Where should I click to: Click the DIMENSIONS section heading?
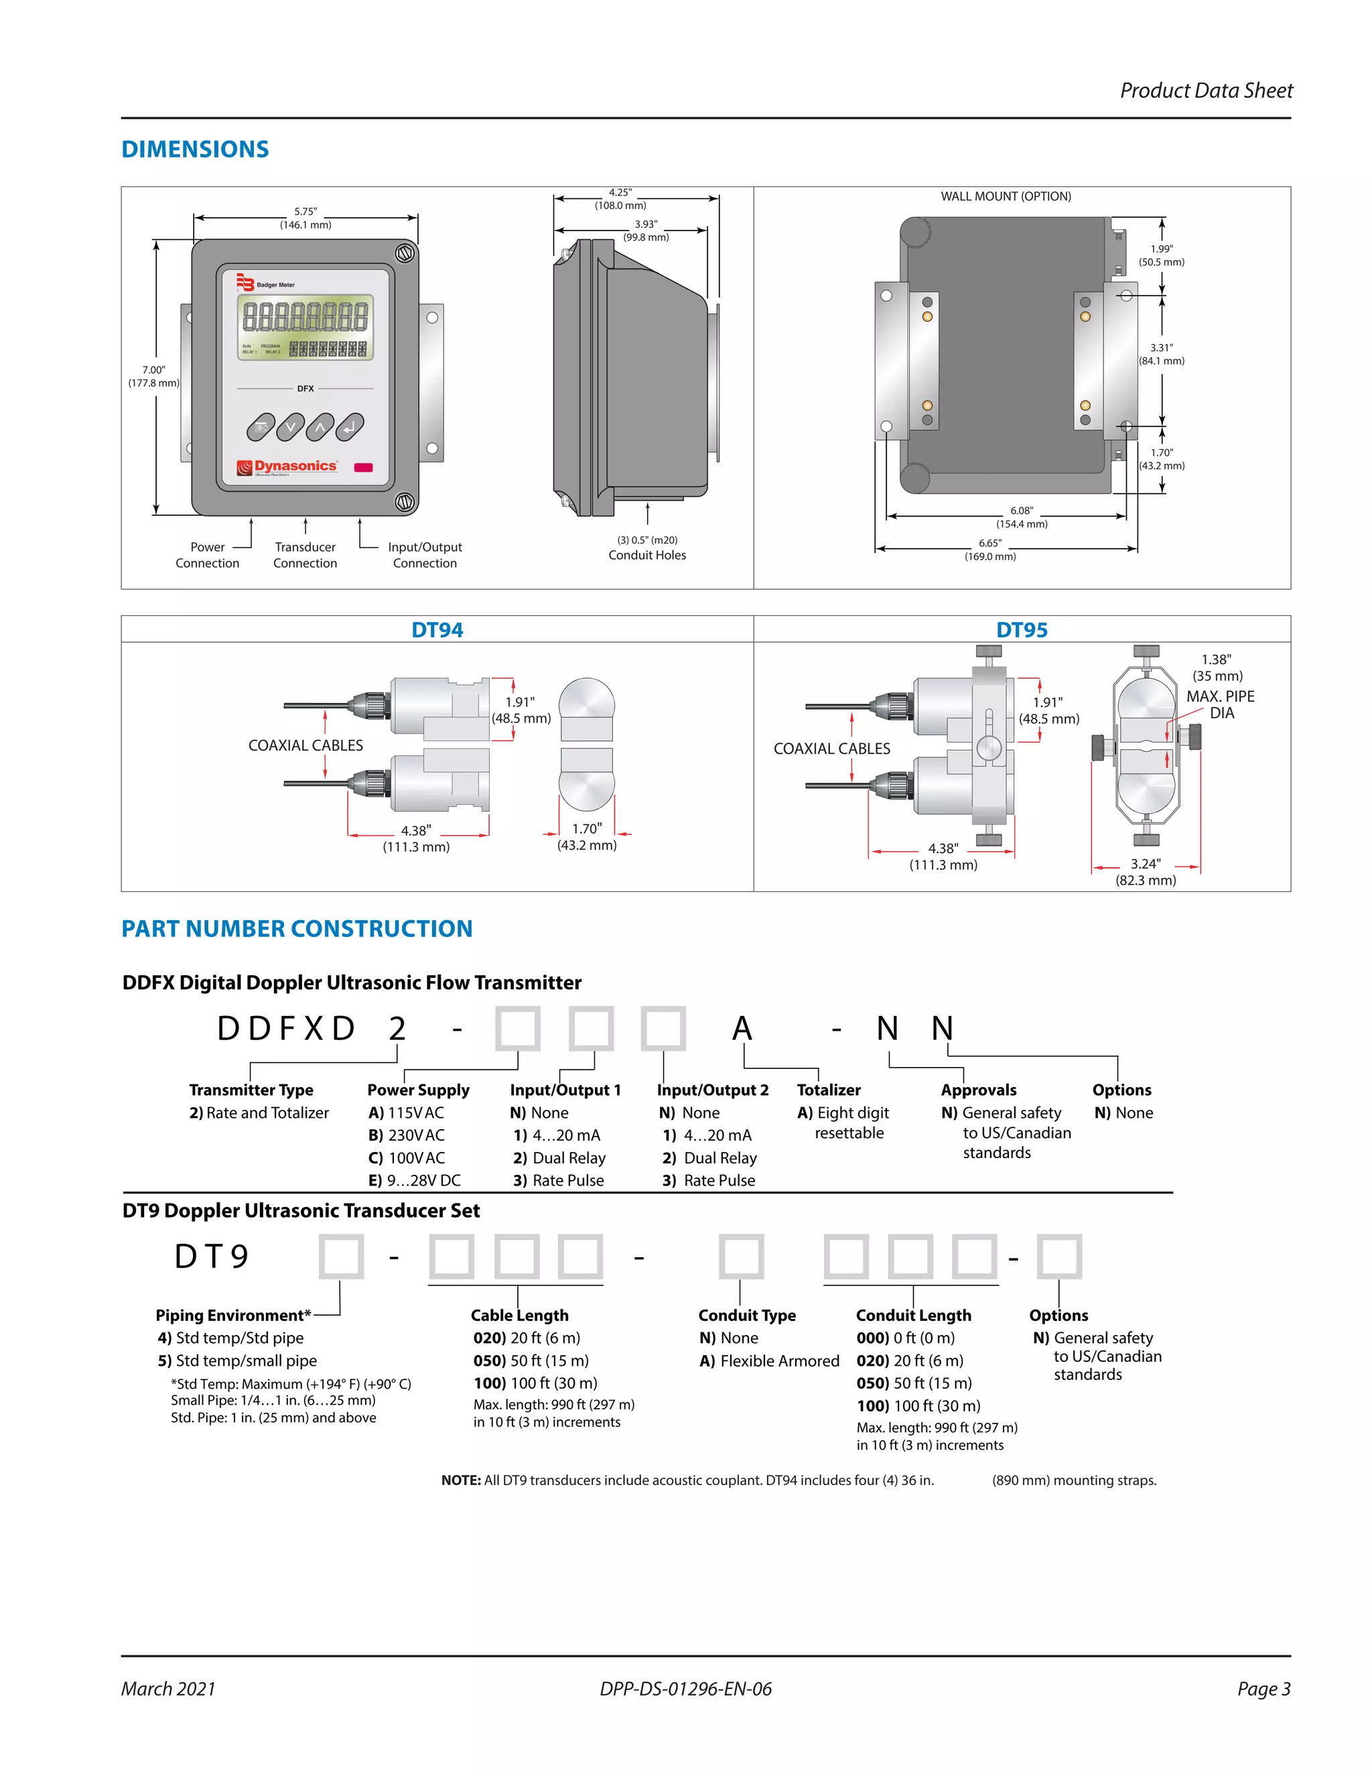pyautogui.click(x=195, y=149)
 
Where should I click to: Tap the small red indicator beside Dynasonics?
pyautogui.click(x=363, y=468)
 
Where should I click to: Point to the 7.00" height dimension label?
pyautogui.click(x=153, y=377)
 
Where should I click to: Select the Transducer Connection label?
pyautogui.click(x=305, y=556)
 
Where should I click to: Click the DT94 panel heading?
pyautogui.click(x=437, y=630)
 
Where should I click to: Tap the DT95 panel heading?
pyautogui.click(x=1022, y=630)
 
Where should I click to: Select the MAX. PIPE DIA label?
pyautogui.click(x=1220, y=704)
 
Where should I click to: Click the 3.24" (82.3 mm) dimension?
pyautogui.click(x=1145, y=872)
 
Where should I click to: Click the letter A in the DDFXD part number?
pyautogui.click(x=742, y=1029)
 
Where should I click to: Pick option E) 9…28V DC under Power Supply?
pyautogui.click(x=415, y=1180)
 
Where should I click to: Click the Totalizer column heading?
pyautogui.click(x=828, y=1090)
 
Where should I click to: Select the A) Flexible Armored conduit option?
pyautogui.click(x=769, y=1361)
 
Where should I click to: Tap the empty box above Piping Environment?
pyautogui.click(x=340, y=1257)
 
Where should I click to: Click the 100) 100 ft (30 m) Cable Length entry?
pyautogui.click(x=536, y=1383)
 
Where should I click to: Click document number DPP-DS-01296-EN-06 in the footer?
pyautogui.click(x=685, y=1689)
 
